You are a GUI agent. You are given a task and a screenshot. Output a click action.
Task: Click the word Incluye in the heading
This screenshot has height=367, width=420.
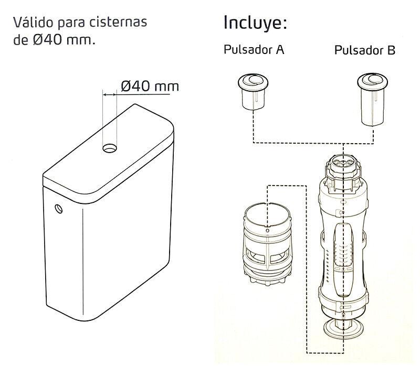255,24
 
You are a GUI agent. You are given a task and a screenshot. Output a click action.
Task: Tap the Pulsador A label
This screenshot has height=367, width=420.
254,51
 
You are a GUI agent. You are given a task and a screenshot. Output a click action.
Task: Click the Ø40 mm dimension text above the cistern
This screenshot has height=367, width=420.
150,86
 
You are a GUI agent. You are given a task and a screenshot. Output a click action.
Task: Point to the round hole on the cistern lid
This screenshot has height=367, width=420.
110,148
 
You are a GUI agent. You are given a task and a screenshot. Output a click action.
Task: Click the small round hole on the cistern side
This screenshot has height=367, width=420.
59,209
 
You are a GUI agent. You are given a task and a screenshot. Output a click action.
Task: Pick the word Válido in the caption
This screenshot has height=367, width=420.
33,24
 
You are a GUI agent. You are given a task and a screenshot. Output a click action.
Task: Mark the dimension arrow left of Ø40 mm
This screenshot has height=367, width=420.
110,94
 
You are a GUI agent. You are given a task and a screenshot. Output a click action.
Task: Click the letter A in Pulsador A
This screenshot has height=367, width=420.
280,51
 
